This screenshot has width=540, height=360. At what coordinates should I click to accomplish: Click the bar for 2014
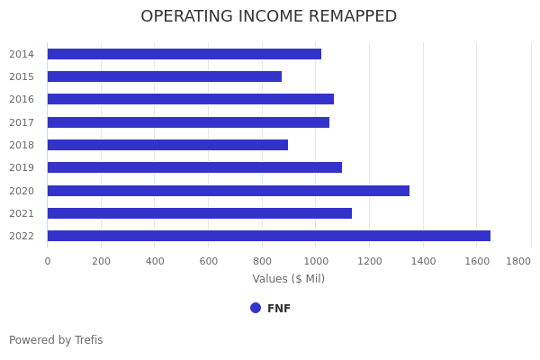(x=184, y=54)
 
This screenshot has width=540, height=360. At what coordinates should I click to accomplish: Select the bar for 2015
(x=164, y=76)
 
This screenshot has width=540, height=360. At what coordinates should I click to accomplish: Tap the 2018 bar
(x=167, y=145)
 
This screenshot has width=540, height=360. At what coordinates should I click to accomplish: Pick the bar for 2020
(x=228, y=191)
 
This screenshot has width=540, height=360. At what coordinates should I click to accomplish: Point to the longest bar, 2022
(x=268, y=236)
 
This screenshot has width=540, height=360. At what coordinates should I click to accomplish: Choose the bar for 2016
(x=190, y=99)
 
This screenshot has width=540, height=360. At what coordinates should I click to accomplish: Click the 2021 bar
(x=199, y=213)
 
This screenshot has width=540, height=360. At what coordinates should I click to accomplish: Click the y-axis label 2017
(x=22, y=122)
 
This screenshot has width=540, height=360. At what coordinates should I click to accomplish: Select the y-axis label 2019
(x=22, y=167)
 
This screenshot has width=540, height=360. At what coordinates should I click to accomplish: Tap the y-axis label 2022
(x=22, y=236)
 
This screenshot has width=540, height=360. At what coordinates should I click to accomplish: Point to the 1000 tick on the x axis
(x=315, y=261)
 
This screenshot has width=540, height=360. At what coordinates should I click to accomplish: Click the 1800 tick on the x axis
(x=518, y=261)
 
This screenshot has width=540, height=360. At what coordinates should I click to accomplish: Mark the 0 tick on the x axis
(x=48, y=261)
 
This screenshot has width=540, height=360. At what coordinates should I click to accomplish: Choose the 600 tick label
(x=208, y=261)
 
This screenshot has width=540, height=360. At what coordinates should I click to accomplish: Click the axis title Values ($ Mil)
(x=288, y=279)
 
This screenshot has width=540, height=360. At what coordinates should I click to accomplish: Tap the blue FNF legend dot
(x=256, y=308)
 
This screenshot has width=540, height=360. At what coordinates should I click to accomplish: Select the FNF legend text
(x=279, y=309)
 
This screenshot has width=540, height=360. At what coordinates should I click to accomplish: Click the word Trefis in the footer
(x=87, y=340)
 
